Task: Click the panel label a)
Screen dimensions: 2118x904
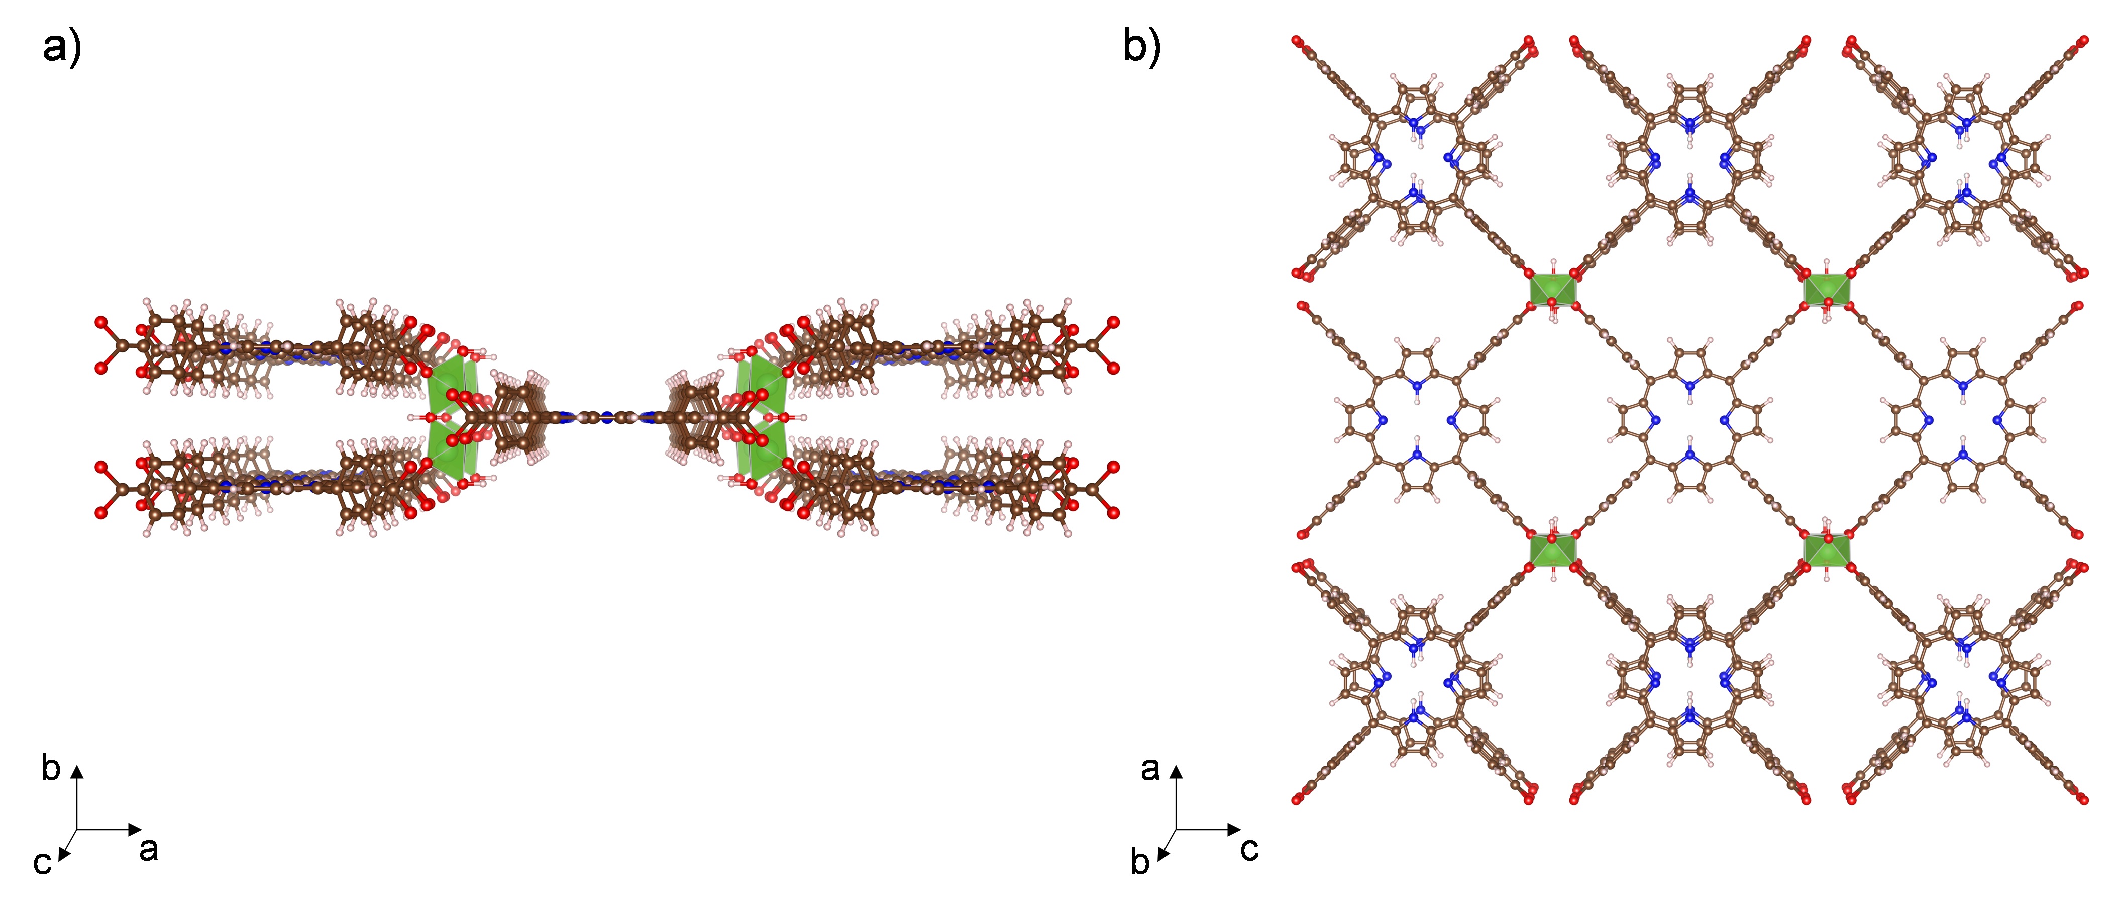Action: click(x=62, y=48)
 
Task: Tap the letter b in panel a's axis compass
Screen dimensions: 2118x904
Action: click(x=51, y=768)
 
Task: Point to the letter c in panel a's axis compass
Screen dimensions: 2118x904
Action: click(x=42, y=864)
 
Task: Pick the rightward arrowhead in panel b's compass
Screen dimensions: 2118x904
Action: click(x=1235, y=829)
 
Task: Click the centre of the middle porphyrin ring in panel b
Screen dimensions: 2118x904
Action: click(x=1689, y=419)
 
